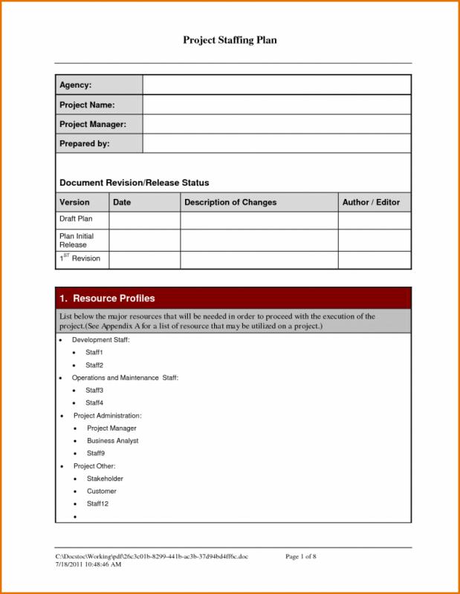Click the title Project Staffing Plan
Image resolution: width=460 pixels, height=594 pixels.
click(230, 39)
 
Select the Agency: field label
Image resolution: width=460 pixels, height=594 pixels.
click(75, 85)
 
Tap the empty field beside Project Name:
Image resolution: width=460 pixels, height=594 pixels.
click(276, 105)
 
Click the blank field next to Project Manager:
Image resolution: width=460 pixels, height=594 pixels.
click(276, 124)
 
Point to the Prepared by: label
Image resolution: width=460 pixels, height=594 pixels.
click(85, 143)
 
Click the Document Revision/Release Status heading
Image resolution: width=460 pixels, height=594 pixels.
click(134, 182)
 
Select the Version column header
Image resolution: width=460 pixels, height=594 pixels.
click(74, 202)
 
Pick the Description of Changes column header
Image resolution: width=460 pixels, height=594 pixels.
click(230, 202)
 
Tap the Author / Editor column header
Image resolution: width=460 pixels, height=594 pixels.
click(371, 202)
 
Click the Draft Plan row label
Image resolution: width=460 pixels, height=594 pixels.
click(75, 219)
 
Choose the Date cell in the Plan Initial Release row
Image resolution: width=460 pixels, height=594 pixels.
click(145, 240)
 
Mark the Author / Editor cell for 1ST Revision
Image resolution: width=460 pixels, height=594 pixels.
click(375, 259)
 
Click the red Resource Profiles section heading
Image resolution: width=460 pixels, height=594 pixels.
click(107, 298)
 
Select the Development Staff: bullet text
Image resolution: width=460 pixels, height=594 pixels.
click(101, 339)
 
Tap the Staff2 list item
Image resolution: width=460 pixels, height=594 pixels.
click(94, 365)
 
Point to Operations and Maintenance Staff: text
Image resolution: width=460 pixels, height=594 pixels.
click(125, 378)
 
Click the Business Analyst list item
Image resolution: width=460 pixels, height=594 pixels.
click(113, 440)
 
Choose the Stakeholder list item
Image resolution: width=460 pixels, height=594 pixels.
click(105, 479)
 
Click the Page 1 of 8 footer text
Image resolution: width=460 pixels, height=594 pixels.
click(302, 556)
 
